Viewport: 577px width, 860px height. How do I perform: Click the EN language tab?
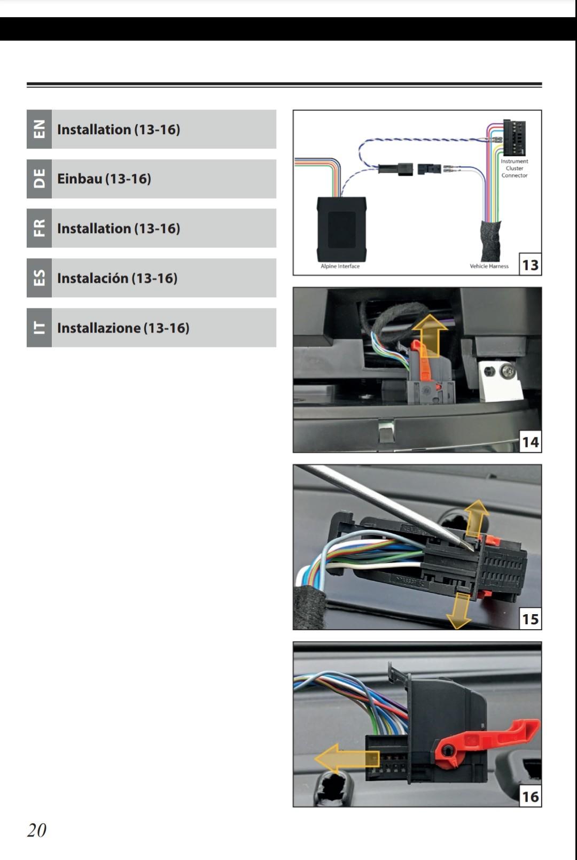tap(39, 129)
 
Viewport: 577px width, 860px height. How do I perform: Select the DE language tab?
tap(39, 179)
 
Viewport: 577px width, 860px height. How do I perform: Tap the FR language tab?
tap(39, 228)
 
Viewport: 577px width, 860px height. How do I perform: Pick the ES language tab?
tap(39, 278)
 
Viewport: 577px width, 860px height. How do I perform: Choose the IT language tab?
tap(39, 328)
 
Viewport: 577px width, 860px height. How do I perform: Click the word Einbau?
tap(80, 179)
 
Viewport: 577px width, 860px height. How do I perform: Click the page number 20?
tap(37, 830)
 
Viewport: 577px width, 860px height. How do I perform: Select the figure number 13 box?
tap(530, 265)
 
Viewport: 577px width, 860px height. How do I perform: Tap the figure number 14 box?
tap(530, 442)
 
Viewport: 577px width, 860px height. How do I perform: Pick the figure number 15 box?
tap(530, 619)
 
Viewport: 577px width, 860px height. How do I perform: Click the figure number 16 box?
tap(530, 796)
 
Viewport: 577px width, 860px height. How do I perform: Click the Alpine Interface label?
tap(340, 266)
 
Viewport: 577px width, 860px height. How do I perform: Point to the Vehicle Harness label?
tap(489, 266)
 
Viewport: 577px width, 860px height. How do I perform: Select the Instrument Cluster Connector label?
tap(514, 168)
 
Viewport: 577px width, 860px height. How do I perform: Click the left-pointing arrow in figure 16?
tap(346, 758)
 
